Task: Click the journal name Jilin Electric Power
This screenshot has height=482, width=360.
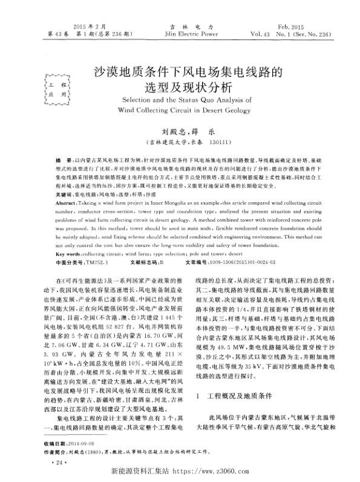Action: (180, 35)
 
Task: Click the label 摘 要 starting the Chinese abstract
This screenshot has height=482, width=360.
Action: (62, 156)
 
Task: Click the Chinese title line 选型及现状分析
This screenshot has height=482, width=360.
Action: (180, 86)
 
